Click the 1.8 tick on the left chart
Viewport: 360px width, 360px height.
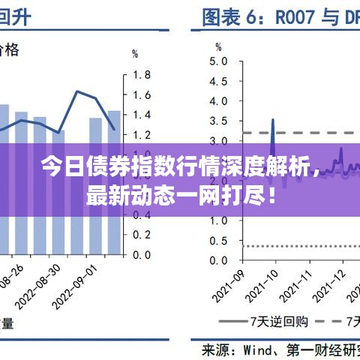click(142, 75)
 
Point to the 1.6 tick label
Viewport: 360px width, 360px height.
click(142, 95)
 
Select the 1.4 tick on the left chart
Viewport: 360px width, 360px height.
click(142, 115)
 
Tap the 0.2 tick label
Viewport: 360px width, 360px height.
click(142, 235)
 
